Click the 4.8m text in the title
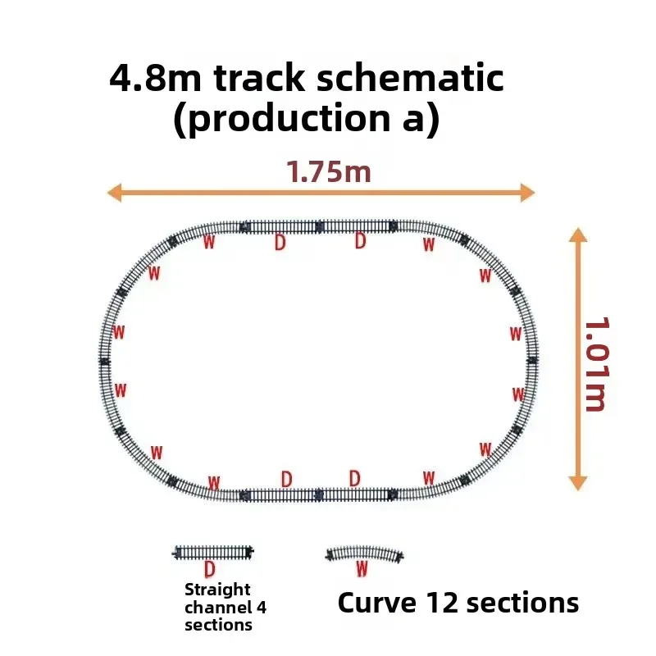point(155,77)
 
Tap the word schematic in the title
point(410,77)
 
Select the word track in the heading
point(259,77)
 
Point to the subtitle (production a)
point(307,118)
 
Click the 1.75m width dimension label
point(329,172)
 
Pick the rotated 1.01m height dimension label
point(595,364)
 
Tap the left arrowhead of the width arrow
point(114,193)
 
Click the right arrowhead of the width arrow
point(528,193)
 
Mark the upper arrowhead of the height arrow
point(578,235)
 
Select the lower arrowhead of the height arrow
point(578,483)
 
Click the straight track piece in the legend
point(213,552)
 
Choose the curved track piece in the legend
point(364,553)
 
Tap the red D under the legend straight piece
point(210,569)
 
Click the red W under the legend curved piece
point(362,569)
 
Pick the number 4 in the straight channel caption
point(262,607)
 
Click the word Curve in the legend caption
point(377,604)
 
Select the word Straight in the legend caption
point(217,590)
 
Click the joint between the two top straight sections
point(320,226)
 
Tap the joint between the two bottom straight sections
point(319,495)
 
